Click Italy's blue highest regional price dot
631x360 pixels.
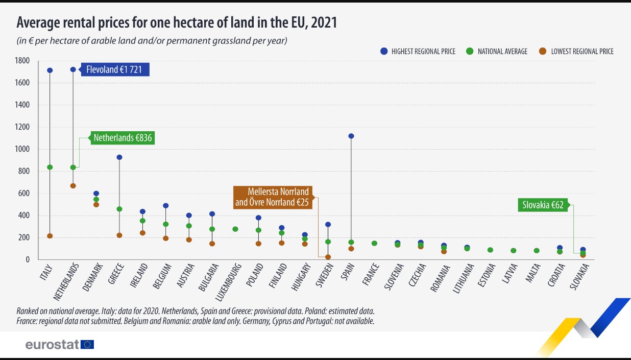point(50,70)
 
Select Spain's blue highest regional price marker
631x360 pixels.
point(351,136)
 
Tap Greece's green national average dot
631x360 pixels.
point(119,209)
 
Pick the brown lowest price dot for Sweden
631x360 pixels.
point(328,257)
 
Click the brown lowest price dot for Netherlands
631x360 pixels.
point(73,186)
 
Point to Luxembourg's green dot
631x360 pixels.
point(235,229)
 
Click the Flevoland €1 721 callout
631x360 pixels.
point(114,69)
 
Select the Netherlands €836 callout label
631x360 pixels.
point(123,138)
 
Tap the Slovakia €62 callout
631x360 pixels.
point(543,205)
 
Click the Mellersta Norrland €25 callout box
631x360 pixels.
point(272,197)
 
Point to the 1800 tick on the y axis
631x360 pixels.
point(23,61)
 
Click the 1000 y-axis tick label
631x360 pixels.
point(23,149)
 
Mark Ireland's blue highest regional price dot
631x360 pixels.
point(142,211)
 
